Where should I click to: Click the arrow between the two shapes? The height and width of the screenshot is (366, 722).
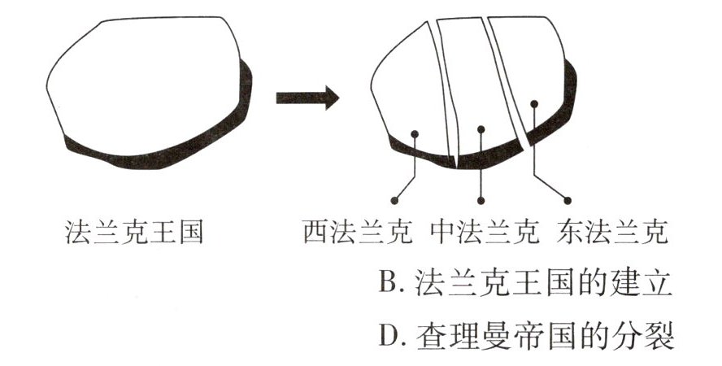307,98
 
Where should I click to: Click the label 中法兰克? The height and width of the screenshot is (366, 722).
485,234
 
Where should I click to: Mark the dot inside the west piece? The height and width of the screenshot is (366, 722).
415,133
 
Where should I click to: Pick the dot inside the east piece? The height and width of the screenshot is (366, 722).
534,103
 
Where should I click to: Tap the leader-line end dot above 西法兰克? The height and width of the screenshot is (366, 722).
394,199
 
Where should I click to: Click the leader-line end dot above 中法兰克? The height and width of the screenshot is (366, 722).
481,199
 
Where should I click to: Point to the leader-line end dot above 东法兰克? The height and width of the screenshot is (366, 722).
568,199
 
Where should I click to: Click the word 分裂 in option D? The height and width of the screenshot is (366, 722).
650,335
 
